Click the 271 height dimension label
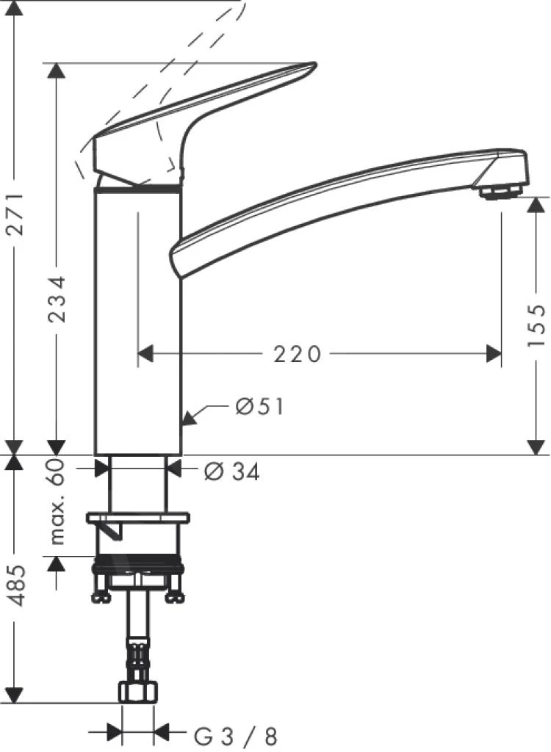coord(16,214)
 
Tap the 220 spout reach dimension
coord(298,355)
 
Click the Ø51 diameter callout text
coord(259,406)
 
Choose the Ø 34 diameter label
coord(231,473)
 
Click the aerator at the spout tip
coord(499,192)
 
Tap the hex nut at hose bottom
coord(138,693)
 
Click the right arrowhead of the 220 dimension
coord(494,355)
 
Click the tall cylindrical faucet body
coord(138,323)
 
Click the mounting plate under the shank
coord(138,518)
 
